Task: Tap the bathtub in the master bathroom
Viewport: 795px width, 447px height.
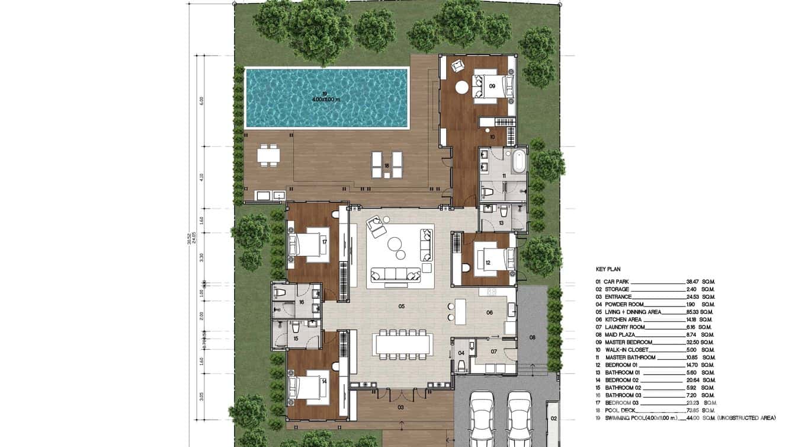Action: pos(518,161)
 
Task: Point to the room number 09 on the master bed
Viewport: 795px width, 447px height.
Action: pos(492,86)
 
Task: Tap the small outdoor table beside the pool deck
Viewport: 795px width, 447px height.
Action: pos(270,155)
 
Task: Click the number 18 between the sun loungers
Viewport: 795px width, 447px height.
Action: pos(386,167)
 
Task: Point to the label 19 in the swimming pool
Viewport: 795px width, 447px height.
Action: pos(324,93)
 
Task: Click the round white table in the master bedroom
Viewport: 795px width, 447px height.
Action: pos(461,88)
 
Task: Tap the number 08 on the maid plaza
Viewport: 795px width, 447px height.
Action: pos(532,337)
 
